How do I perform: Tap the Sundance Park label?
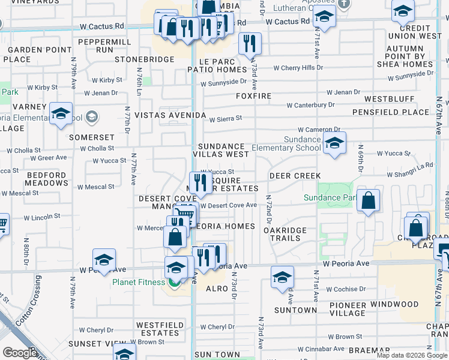point(330,197)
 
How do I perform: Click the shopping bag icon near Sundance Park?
point(369,200)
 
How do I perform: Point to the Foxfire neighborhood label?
point(253,96)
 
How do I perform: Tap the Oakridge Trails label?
point(285,234)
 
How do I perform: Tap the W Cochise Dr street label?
point(346,289)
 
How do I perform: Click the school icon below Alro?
point(282,277)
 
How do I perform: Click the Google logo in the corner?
point(20,353)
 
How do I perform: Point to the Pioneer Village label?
point(348,309)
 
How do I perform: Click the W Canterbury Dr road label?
point(310,105)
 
